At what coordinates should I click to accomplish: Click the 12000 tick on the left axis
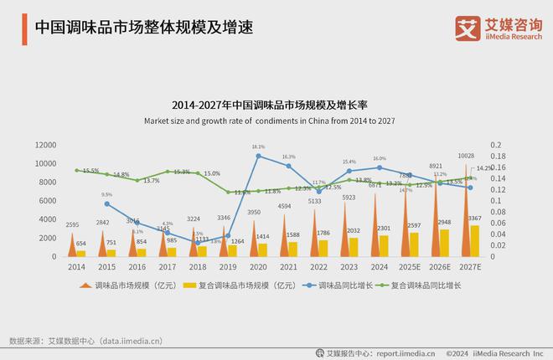(x=44, y=145)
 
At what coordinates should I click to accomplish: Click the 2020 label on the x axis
(x=258, y=266)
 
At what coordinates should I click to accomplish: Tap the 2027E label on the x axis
(x=470, y=266)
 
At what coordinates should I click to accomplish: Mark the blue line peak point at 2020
(x=258, y=156)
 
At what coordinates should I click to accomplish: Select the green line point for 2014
(x=76, y=170)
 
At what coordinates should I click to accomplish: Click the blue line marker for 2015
(x=106, y=203)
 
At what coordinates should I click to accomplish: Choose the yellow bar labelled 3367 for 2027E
(x=475, y=240)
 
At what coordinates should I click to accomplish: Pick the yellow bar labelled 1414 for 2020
(x=263, y=249)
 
